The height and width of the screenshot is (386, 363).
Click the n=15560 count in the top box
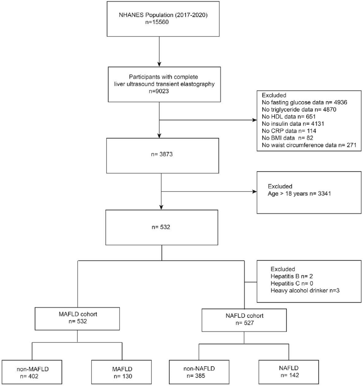157,22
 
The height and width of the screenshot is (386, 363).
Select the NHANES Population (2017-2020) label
163,15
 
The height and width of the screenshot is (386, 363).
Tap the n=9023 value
159,91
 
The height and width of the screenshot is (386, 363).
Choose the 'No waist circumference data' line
309,145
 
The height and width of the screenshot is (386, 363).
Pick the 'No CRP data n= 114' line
289,131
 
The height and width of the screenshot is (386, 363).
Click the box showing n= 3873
163,156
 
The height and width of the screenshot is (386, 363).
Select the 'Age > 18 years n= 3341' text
299,194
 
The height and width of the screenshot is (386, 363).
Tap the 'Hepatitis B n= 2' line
292,276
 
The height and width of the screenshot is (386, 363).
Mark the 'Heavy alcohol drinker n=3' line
305,291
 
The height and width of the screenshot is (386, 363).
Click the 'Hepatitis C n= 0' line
292,283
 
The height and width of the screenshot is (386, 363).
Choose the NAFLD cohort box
244,320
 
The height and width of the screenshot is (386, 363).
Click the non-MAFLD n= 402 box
32,372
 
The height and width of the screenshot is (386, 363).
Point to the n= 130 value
123,376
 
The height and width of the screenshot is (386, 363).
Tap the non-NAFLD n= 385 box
199,372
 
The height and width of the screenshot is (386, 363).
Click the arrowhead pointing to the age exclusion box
254,192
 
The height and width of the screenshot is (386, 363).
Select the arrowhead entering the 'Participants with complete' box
159,64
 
